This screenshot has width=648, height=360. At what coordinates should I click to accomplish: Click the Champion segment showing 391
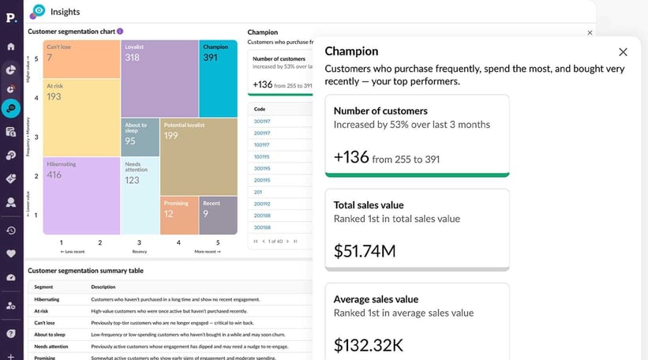218,78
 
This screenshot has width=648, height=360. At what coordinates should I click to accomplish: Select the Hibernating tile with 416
81,195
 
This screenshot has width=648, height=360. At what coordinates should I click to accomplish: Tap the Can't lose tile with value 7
81,59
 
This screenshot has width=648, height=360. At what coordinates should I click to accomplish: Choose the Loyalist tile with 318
159,78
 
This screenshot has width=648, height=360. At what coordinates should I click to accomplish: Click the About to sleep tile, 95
140,137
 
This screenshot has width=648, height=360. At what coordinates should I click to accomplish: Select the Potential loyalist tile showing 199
198,156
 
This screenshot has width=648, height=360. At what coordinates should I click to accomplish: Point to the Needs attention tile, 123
140,196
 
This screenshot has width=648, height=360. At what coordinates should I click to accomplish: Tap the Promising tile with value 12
179,215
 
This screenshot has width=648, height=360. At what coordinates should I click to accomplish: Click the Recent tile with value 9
218,215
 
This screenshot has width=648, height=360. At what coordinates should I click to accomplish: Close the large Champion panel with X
623,52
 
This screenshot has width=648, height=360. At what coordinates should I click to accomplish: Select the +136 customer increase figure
351,157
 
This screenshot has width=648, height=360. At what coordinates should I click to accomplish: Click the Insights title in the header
65,12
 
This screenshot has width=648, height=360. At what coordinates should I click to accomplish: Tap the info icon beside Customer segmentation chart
120,32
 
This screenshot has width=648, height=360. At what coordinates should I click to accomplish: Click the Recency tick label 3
140,242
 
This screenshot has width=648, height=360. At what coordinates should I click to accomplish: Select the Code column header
260,109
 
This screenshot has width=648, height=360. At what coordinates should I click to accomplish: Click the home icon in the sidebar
11,47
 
